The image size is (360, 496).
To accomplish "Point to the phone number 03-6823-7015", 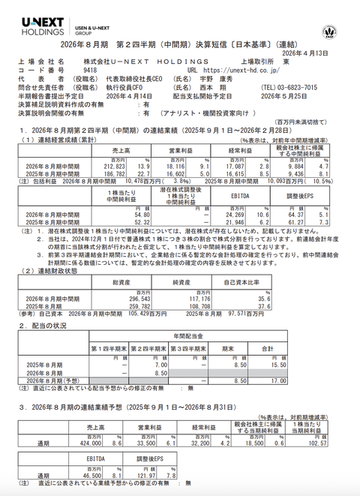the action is (303, 87).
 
